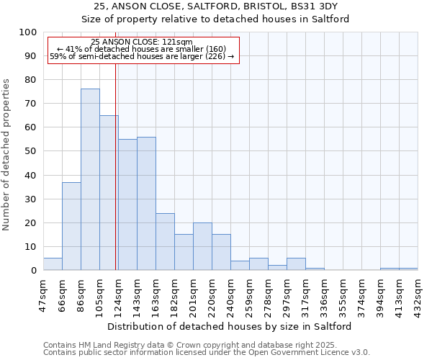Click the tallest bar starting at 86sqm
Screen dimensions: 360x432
click(90, 179)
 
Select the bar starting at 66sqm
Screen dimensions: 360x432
click(71, 226)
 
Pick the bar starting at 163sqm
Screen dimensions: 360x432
click(165, 242)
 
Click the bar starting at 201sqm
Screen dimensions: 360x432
click(202, 246)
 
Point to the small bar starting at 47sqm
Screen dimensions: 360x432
click(53, 264)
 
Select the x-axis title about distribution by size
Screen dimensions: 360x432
click(229, 326)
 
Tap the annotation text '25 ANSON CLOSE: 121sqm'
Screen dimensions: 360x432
click(142, 42)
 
